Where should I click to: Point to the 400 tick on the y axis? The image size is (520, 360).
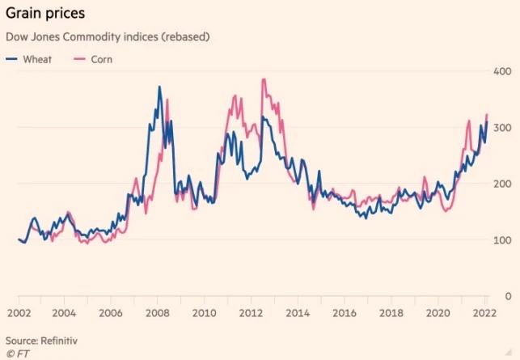tap(503, 71)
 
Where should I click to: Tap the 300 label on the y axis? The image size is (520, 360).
tap(503, 128)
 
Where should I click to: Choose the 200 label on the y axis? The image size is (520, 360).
tap(503, 184)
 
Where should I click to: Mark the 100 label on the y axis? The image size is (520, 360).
tap(503, 240)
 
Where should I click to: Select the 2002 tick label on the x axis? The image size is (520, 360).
tap(19, 312)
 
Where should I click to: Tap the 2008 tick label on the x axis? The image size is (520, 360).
tap(158, 312)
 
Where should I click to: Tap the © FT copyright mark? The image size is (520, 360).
tap(16, 354)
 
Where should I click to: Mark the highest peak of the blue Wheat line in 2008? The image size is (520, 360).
tap(159, 87)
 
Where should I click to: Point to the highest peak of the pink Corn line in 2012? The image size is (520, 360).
tap(264, 79)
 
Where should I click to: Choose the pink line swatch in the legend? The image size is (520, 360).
tap(80, 59)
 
